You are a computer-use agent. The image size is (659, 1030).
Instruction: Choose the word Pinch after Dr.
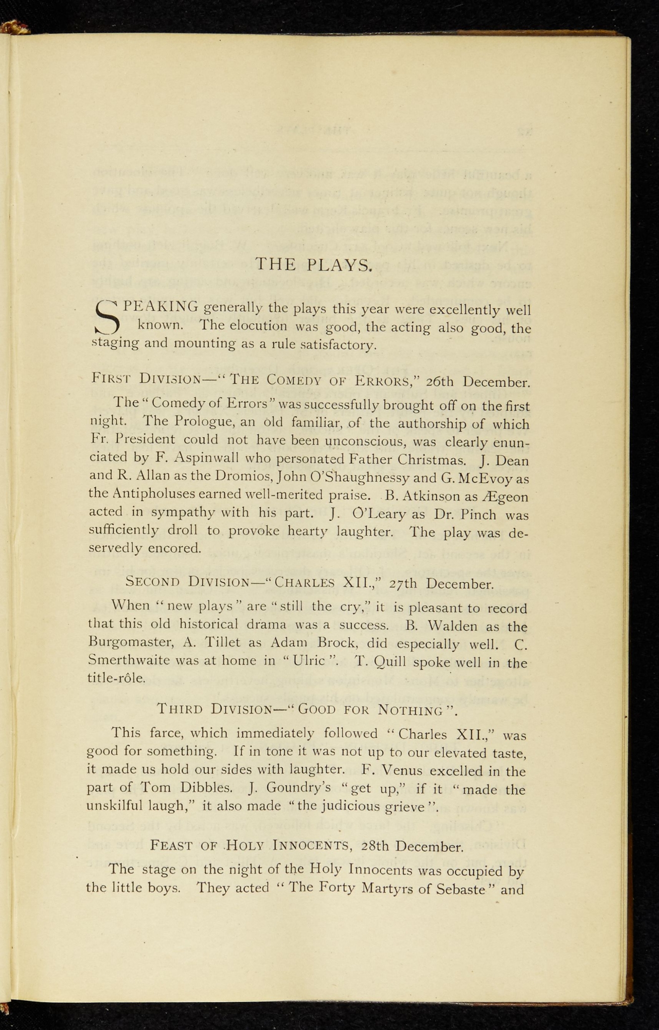click(x=479, y=514)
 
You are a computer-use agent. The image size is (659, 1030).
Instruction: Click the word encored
click(x=175, y=548)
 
